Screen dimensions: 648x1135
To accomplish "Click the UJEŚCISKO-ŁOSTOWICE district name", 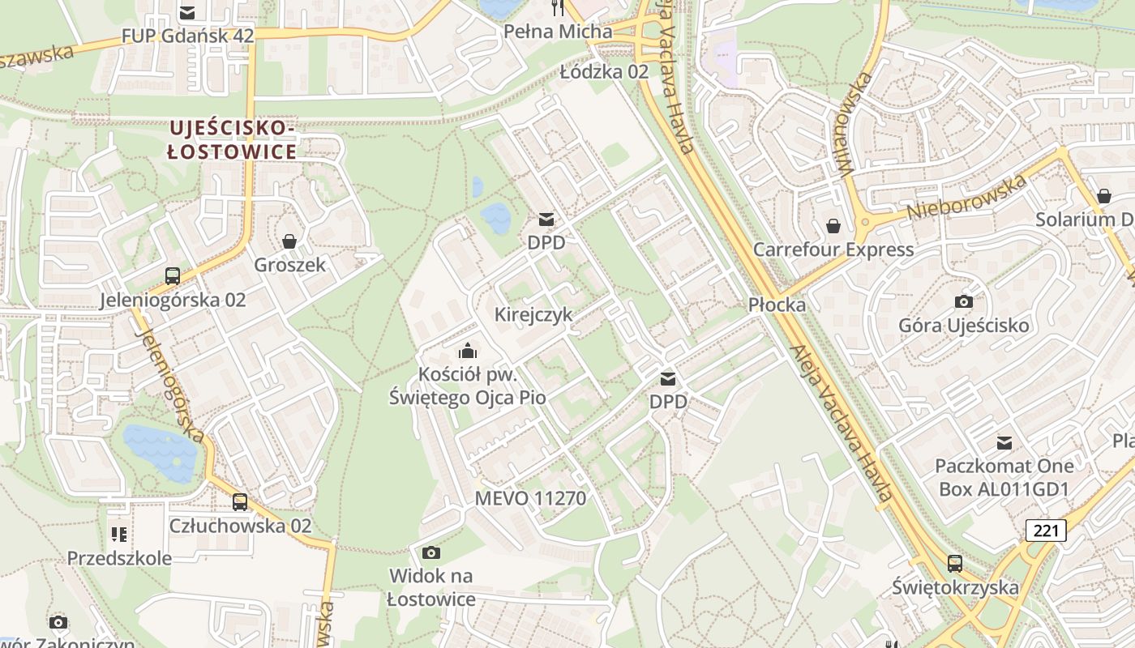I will pos(232,139).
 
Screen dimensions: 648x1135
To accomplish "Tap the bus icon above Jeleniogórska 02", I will pos(173,276).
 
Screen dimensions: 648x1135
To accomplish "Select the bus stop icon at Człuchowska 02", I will pos(240,501).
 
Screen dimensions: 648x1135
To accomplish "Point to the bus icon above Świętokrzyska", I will pos(955,563).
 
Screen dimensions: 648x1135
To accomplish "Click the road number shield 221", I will pos(1046,531).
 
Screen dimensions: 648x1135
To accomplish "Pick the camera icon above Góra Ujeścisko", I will pos(963,302).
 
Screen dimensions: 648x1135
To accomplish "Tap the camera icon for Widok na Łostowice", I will pos(431,552).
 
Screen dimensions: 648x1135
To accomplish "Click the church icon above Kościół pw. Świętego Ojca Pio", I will pos(467,351).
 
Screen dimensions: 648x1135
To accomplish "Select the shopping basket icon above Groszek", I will pos(289,241).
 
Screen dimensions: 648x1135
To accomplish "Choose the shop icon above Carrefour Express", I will pos(833,226).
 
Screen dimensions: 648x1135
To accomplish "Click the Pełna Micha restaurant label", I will pos(558,32).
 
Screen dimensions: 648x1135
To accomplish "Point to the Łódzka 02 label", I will pos(605,71).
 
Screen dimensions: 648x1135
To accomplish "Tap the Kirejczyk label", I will pos(533,314).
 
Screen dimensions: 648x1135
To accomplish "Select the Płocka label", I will pos(777,305).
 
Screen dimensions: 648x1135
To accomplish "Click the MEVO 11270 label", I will pos(530,498).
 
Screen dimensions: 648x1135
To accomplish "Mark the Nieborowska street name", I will pos(966,197).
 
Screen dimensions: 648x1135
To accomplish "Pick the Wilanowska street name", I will pos(855,123).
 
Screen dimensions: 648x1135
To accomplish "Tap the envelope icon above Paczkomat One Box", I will pos(1004,443).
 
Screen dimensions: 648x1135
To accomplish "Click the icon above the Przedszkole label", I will pos(119,535).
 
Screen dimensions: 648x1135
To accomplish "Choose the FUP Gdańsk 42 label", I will pos(187,36).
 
